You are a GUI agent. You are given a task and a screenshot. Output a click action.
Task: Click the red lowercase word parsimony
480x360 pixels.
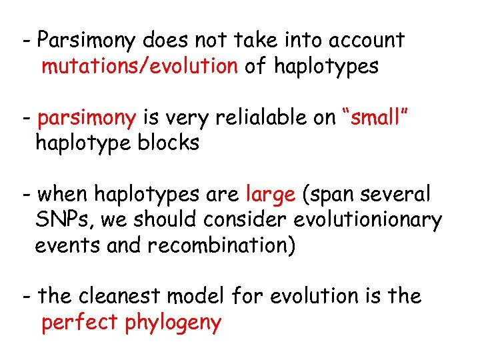[87, 119]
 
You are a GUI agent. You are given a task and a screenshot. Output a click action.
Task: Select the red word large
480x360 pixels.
[271, 195]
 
